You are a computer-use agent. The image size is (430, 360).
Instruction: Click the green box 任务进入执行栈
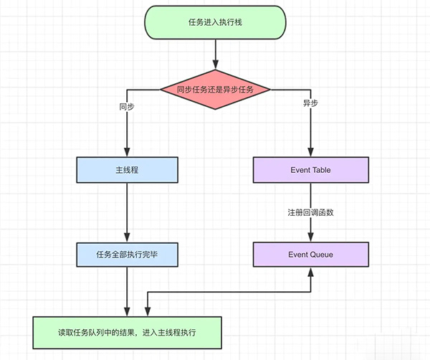215,22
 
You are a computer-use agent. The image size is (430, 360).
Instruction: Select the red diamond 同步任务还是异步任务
215,90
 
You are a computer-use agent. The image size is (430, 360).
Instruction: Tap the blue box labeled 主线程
128,170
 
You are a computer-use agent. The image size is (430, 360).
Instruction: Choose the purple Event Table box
311,170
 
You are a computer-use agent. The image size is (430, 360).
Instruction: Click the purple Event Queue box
311,255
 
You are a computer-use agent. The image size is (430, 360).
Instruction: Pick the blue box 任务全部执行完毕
128,255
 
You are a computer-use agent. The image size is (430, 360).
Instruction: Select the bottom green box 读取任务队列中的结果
128,333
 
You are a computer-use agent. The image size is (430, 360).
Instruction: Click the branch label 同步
127,106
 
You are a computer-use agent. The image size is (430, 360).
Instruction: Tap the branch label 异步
310,103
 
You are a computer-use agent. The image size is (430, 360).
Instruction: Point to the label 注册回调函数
311,212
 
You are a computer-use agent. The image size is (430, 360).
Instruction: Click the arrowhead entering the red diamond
216,65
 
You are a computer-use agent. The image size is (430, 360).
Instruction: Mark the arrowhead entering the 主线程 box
127,152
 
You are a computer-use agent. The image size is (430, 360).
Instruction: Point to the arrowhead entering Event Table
311,152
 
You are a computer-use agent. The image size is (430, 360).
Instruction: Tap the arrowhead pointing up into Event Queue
311,273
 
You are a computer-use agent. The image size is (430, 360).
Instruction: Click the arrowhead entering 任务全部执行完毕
127,237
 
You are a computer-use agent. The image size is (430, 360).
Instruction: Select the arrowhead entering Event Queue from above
311,237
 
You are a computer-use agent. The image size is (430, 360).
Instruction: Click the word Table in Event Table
321,170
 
